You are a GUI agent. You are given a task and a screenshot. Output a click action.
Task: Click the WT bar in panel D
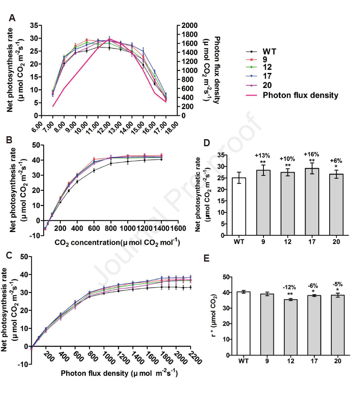(x=238, y=207)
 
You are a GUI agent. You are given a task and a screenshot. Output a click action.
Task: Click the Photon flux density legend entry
(x=300, y=95)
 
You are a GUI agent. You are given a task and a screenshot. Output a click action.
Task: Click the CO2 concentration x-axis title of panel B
(x=117, y=242)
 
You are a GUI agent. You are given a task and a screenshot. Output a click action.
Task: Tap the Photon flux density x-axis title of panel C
(x=119, y=373)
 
